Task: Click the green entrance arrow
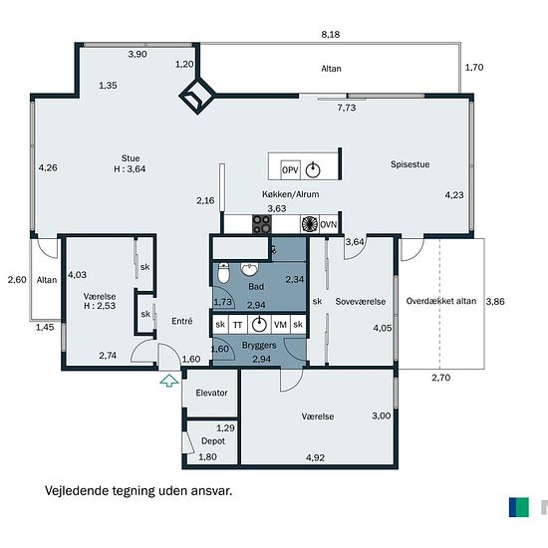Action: point(169,381)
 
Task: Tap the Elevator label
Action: point(211,393)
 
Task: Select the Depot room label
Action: point(213,441)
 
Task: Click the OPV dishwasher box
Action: point(290,169)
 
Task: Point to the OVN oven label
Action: point(329,224)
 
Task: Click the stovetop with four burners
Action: point(262,224)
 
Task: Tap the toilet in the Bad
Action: point(223,273)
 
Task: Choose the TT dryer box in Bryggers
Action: point(238,325)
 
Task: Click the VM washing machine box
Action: point(280,325)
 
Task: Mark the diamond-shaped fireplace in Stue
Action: point(197,96)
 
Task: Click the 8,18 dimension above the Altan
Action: point(330,34)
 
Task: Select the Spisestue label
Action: point(410,164)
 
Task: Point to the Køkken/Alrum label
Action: point(290,194)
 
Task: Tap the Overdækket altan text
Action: point(441,301)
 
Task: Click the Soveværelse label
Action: point(361,301)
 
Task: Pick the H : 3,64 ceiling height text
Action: point(130,169)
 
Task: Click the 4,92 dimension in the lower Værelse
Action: point(315,457)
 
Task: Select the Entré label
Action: point(182,321)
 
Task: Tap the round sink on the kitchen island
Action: point(313,170)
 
